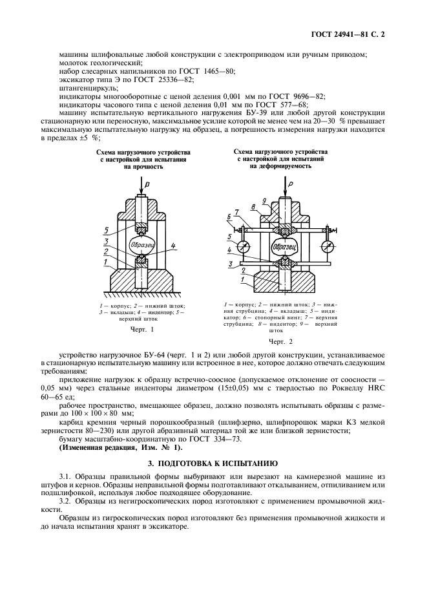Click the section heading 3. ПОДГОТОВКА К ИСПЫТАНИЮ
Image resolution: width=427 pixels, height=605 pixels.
coord(213,463)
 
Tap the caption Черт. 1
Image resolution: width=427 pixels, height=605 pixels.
coord(142,329)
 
